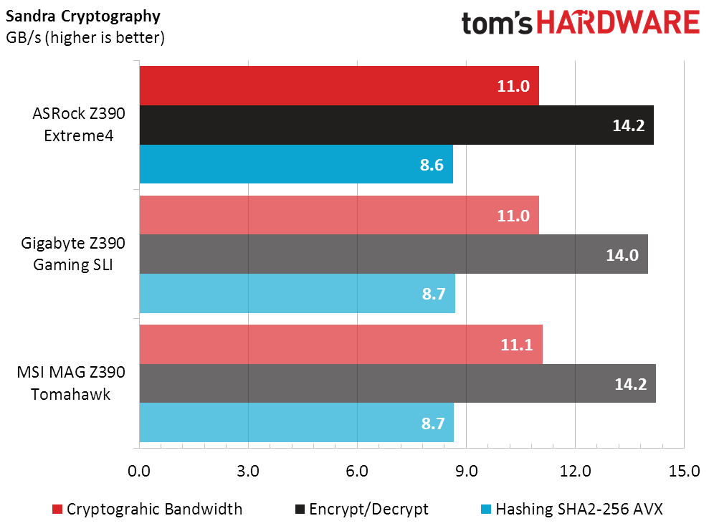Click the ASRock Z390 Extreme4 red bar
click(x=339, y=86)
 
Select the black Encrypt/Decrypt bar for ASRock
click(x=396, y=125)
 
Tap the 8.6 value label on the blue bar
click(x=432, y=165)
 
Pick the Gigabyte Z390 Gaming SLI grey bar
click(x=394, y=254)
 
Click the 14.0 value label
click(x=622, y=255)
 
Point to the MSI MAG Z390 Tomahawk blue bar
click(x=297, y=422)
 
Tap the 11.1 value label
click(x=516, y=345)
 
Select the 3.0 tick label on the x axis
click(x=248, y=471)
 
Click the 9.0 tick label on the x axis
click(x=466, y=471)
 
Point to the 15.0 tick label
click(x=684, y=471)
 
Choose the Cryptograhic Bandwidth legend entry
click(x=148, y=509)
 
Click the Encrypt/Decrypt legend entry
click(x=362, y=509)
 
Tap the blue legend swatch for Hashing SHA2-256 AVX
click(x=486, y=510)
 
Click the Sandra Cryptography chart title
click(x=82, y=16)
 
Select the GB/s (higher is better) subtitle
click(x=85, y=37)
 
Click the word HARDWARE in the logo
click(x=618, y=23)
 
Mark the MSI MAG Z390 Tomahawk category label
click(x=71, y=383)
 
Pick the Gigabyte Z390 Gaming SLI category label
click(x=73, y=254)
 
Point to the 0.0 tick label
click(x=139, y=471)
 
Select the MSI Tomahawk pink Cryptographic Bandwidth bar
click(x=341, y=345)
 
